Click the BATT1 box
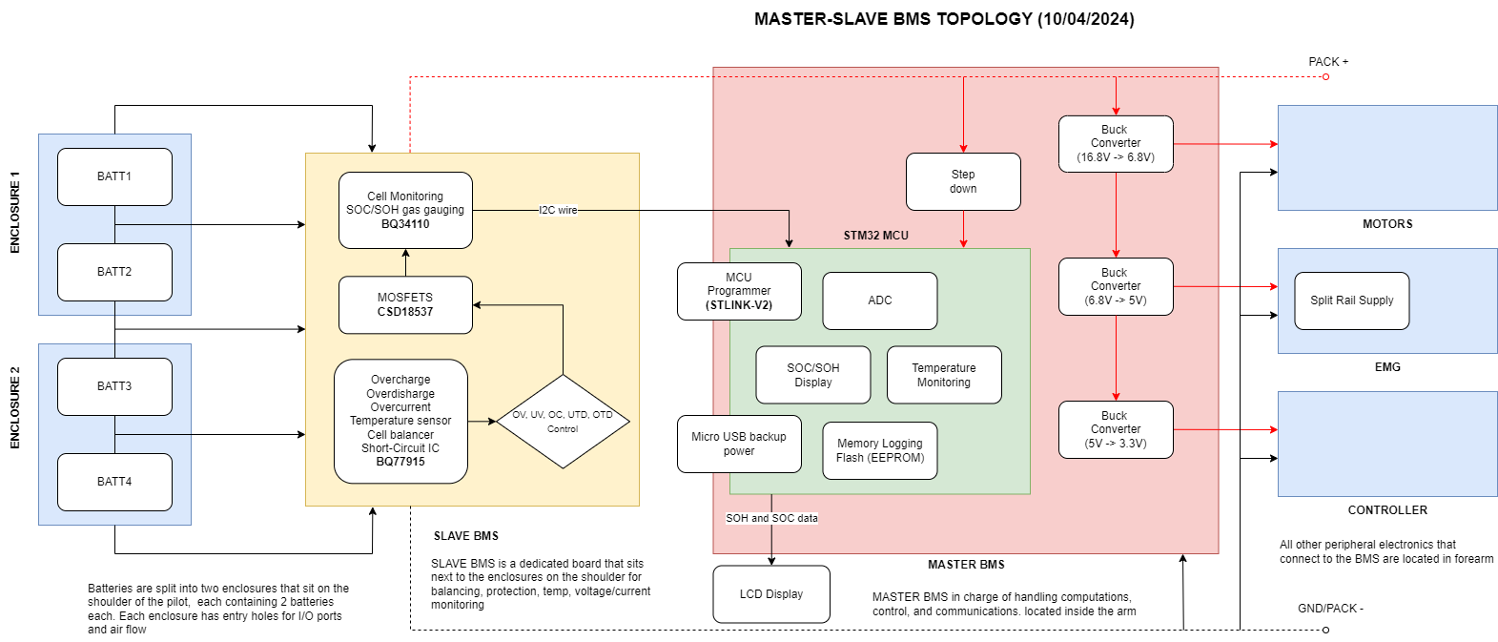[114, 176]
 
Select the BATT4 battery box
[114, 482]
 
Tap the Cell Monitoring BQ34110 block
[405, 210]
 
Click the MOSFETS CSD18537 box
[405, 305]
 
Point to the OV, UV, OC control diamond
[563, 421]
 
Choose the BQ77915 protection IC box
[400, 421]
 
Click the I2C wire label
[558, 210]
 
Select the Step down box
[963, 181]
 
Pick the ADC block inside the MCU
[879, 300]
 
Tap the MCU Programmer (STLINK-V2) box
[739, 291]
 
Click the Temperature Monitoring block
[944, 375]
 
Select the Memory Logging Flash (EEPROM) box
[879, 450]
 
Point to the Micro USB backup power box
[739, 444]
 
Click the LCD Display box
[771, 594]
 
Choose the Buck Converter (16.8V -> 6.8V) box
[1116, 144]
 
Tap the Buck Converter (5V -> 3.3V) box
[1116, 429]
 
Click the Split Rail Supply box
[1351, 300]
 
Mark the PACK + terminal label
[1327, 62]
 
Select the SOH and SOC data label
[771, 518]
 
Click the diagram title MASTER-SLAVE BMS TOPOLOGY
[944, 19]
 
